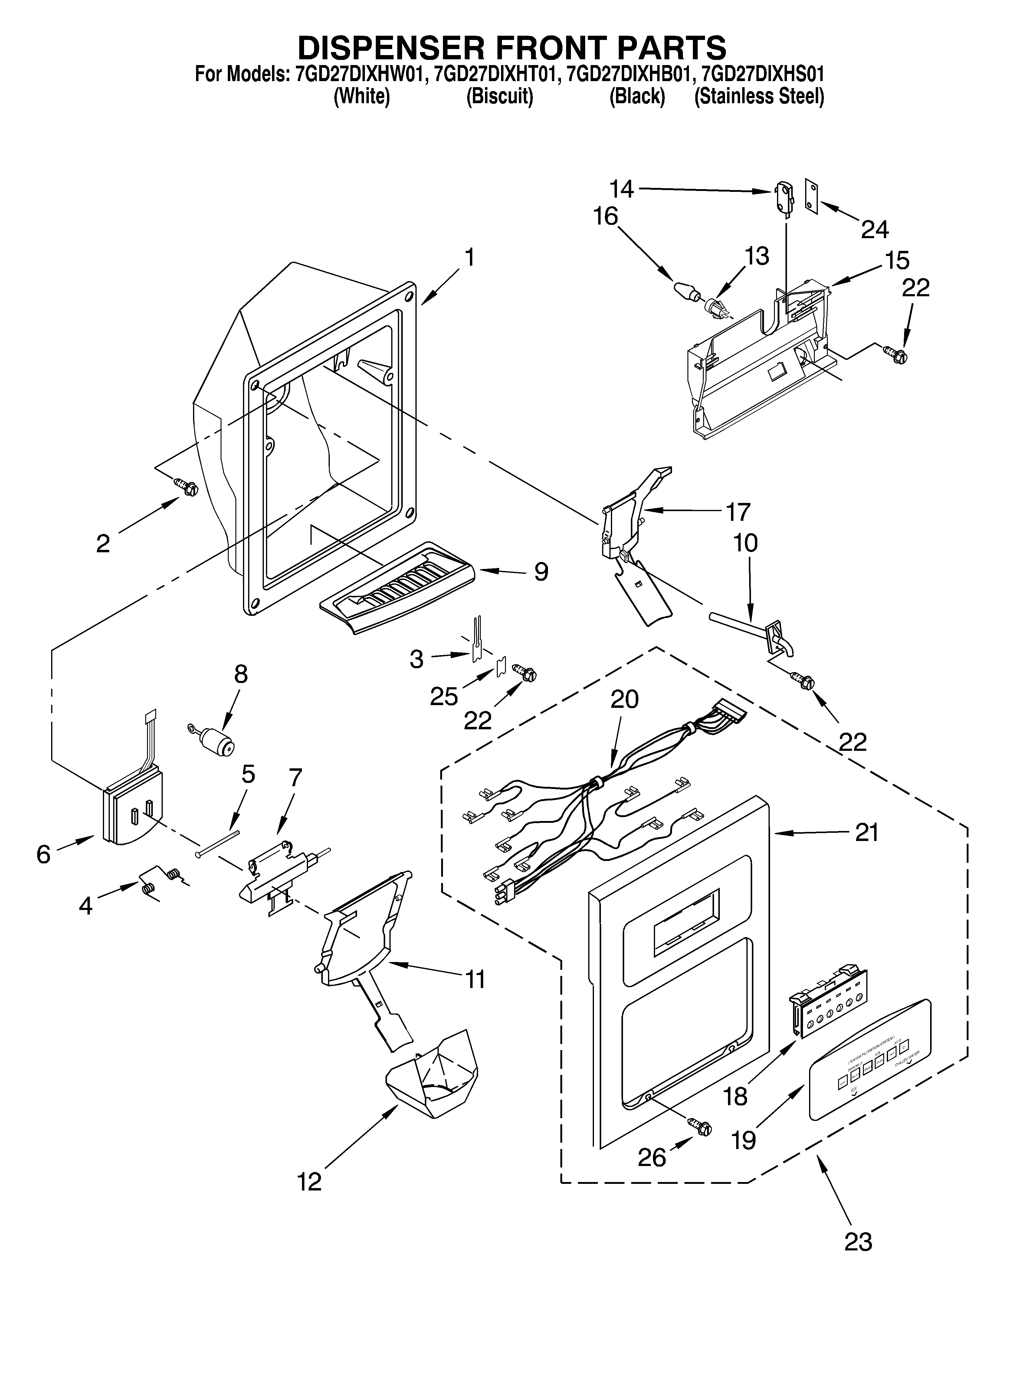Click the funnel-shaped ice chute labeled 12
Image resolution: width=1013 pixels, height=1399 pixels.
pos(432,1079)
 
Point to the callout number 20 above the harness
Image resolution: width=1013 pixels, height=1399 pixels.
pos(624,699)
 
